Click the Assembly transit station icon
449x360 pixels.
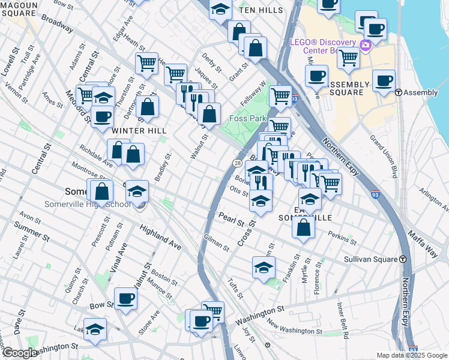[398, 92]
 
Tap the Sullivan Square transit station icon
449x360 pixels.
[402, 259]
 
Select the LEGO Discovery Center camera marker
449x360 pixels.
[365, 45]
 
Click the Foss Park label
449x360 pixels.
[248, 118]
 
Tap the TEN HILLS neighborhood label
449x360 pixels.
[261, 11]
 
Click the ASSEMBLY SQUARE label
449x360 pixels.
[347, 88]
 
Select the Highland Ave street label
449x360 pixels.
[160, 237]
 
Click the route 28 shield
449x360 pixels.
[238, 164]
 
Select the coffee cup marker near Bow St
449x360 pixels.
[126, 298]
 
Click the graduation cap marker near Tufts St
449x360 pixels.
[264, 268]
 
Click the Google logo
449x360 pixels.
[19, 353]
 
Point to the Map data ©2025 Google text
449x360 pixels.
[411, 355]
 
